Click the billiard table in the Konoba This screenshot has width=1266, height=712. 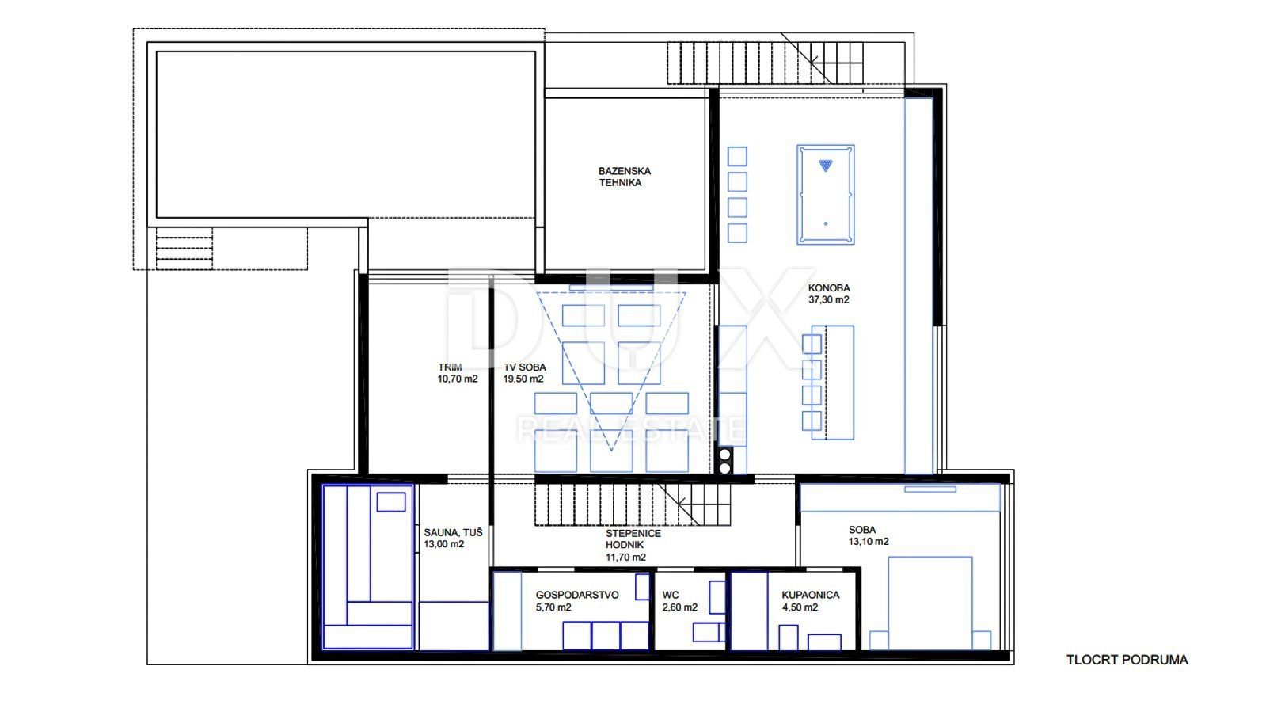pyautogui.click(x=825, y=195)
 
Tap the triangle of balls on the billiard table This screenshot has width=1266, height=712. pyautogui.click(x=826, y=166)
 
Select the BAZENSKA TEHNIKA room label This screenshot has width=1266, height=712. pyautogui.click(x=624, y=177)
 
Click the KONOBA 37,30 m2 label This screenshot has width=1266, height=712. pyautogui.click(x=828, y=294)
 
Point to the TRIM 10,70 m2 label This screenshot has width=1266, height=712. pyautogui.click(x=457, y=373)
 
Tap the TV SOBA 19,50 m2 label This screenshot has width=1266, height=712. pyautogui.click(x=524, y=373)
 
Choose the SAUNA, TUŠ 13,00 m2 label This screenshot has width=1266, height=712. pyautogui.click(x=453, y=539)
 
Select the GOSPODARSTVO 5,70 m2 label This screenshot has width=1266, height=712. pyautogui.click(x=577, y=601)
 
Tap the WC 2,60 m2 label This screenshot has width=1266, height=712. pyautogui.click(x=679, y=601)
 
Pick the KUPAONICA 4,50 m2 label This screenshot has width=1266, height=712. pyautogui.click(x=811, y=601)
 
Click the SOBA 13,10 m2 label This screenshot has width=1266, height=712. pyautogui.click(x=868, y=535)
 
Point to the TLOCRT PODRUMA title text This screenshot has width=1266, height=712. pyautogui.click(x=1127, y=660)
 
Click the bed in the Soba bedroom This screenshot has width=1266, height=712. pyautogui.click(x=930, y=603)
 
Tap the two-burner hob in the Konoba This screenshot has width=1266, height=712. pyautogui.click(x=724, y=460)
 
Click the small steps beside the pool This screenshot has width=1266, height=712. pyautogui.click(x=184, y=249)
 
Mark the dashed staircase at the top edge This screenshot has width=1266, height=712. pyautogui.click(x=766, y=63)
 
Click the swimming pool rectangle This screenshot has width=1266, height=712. pyautogui.click(x=346, y=135)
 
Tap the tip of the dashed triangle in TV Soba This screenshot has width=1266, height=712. pyautogui.click(x=611, y=451)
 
